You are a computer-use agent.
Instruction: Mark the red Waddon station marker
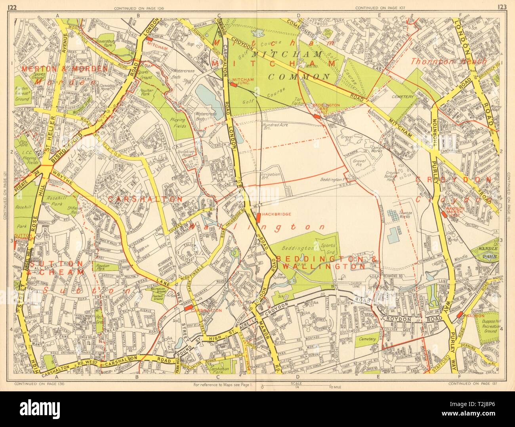pyautogui.click(x=460, y=314)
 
